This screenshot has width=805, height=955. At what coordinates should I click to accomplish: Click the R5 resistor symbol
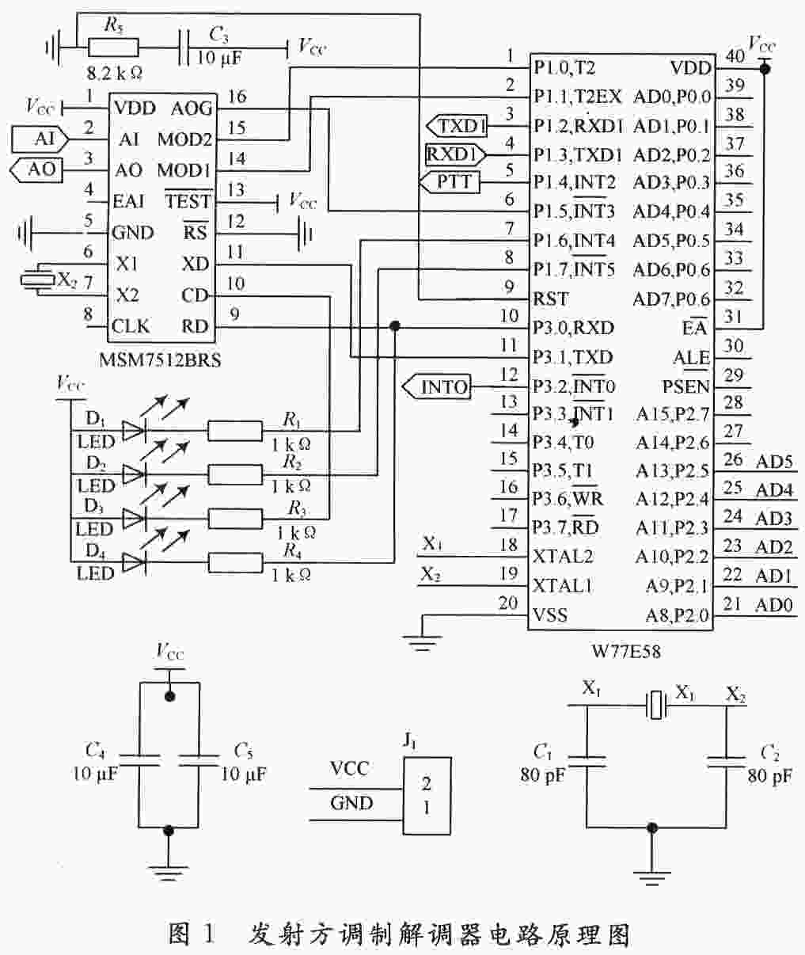113,47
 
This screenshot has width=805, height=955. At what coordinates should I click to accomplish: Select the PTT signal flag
450,182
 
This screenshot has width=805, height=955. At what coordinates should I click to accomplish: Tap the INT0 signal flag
437,387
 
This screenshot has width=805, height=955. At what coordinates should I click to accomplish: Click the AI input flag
40,139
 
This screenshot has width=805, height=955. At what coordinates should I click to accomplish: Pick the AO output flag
36,169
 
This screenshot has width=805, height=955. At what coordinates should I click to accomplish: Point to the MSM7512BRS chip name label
160,360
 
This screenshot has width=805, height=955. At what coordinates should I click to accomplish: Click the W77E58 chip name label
626,651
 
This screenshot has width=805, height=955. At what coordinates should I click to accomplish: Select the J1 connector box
427,795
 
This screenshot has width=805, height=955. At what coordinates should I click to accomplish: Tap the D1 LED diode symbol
134,431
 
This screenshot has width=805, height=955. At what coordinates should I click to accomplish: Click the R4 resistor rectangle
235,562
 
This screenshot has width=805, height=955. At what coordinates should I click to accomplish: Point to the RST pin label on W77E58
551,299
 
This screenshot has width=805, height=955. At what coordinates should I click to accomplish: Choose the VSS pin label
550,614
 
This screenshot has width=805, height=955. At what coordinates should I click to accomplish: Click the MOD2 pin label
184,139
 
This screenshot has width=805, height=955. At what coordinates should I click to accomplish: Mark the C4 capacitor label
95,750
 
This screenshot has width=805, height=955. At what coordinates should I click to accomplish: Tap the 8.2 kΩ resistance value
114,73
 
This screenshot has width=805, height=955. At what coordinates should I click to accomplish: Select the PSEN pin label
685,387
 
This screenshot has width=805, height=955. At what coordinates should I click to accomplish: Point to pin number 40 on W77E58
735,55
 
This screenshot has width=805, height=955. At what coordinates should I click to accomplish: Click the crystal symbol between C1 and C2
656,705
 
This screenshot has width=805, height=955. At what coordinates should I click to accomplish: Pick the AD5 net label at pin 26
774,462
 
